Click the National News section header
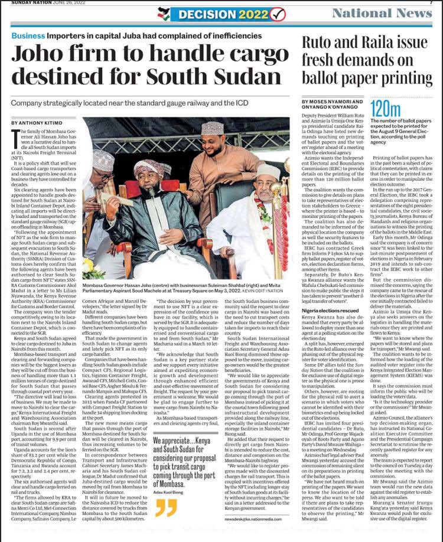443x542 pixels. click(x=382, y=13)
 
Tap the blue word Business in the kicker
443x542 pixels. click(x=28, y=35)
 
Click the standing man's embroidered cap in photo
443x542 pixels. click(x=210, y=129)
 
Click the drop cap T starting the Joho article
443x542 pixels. click(x=15, y=138)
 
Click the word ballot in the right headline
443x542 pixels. click(x=321, y=77)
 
